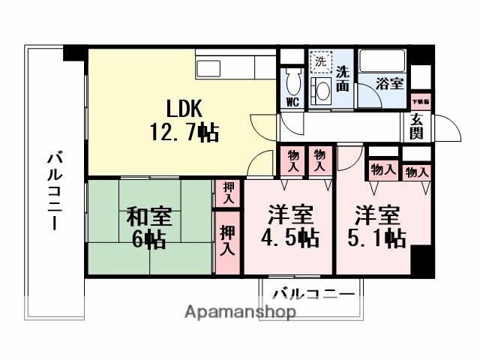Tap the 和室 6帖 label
[x=148, y=228]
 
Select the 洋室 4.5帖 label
[x=291, y=226]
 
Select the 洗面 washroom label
[x=343, y=79]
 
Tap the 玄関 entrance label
[x=418, y=128]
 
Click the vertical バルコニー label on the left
[x=54, y=191]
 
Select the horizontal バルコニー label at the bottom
[x=313, y=293]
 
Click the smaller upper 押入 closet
[x=227, y=193]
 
